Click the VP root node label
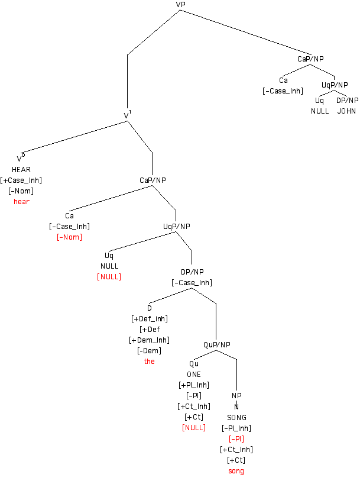coord(181,5)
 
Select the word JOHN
coord(347,111)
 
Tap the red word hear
coord(21,201)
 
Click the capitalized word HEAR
coord(21,169)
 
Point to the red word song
coord(236,471)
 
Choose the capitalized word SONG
coord(236,417)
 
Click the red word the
coord(150,361)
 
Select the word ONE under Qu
coord(194,374)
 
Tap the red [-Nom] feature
coord(69,237)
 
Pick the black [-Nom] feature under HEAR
coord(21,191)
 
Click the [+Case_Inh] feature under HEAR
coord(21,180)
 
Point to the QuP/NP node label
coord(217,344)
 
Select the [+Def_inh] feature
coord(150,318)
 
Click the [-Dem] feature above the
coord(150,350)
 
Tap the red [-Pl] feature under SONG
coord(236,438)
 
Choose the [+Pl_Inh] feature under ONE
coord(194,385)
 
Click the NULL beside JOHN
coord(320,111)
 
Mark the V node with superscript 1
coord(127,114)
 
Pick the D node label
coord(150,308)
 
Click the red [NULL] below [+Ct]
coord(194,427)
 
